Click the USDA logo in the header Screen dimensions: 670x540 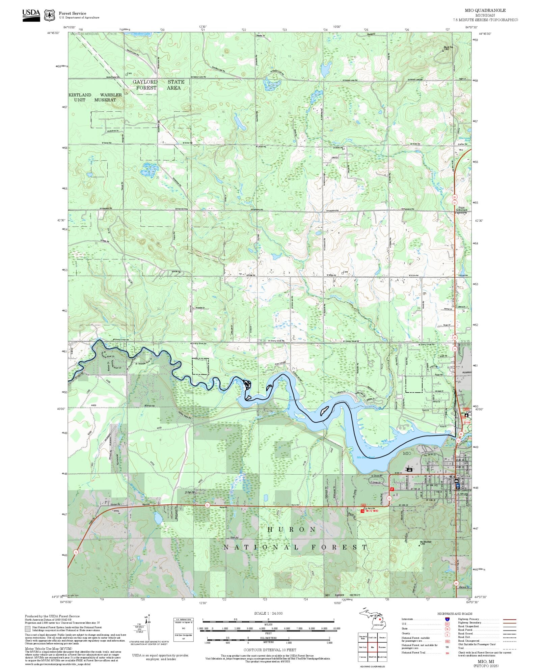tap(31, 15)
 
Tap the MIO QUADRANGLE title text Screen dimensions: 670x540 tap(485, 10)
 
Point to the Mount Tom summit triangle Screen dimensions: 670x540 tap(443, 51)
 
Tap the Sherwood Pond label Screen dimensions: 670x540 tap(465, 139)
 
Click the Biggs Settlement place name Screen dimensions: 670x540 tap(461, 209)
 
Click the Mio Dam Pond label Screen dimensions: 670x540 tap(366, 457)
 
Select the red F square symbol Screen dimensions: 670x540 tap(392, 489)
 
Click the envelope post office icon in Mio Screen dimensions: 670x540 tap(456, 481)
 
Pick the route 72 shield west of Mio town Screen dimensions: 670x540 tap(389, 498)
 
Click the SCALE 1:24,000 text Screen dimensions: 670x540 tap(268, 613)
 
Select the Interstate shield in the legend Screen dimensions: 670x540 tap(447, 619)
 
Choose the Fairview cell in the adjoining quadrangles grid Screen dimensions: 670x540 tap(382, 647)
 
